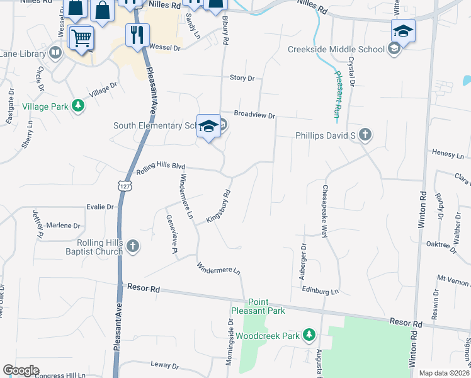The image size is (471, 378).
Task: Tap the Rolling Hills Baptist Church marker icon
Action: click(132, 246)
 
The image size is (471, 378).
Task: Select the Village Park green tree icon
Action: click(77, 106)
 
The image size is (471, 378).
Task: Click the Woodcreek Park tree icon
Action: click(309, 335)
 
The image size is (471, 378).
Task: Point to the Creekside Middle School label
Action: click(336, 49)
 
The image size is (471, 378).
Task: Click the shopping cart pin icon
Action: click(81, 38)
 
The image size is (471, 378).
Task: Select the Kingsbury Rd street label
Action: click(218, 207)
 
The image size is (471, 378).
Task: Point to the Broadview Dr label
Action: click(255, 115)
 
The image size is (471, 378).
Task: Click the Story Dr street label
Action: click(242, 78)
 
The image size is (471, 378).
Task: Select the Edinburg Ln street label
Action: click(321, 291)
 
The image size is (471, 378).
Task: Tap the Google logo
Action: click(21, 370)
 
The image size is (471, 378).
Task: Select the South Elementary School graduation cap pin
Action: click(208, 126)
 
